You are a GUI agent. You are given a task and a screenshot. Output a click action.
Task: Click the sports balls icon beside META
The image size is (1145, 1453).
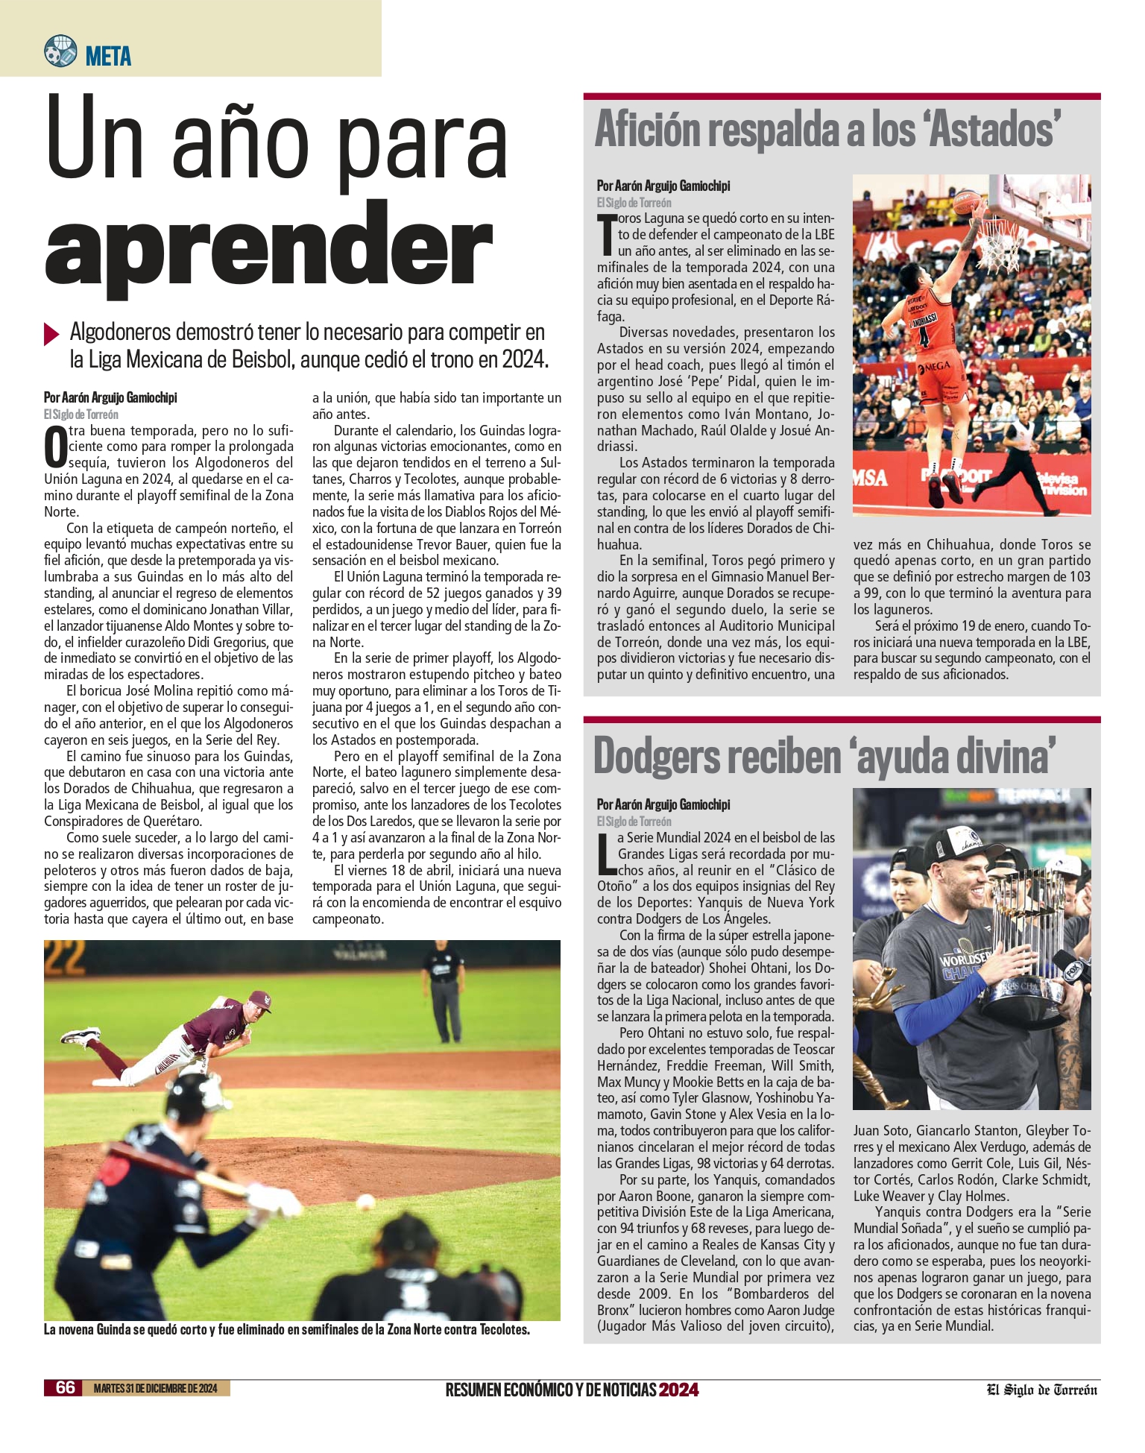[x=60, y=51]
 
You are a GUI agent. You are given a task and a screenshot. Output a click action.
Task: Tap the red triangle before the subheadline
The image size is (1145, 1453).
[x=51, y=333]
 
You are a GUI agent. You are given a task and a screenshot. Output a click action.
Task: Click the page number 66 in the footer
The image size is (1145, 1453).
[x=66, y=1387]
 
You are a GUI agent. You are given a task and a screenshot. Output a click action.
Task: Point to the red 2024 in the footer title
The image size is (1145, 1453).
[x=678, y=1390]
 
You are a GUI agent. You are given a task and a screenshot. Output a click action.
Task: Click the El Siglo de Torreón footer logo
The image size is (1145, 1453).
[x=1042, y=1390]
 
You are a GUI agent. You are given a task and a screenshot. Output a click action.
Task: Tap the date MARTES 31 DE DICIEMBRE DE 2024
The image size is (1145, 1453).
[x=156, y=1388]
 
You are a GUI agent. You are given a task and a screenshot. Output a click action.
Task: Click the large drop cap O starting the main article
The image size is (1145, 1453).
[x=55, y=448]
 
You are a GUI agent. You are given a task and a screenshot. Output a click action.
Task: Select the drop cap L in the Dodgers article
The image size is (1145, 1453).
[x=606, y=854]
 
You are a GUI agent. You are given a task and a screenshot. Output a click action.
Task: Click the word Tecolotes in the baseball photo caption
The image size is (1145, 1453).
[x=504, y=1330]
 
